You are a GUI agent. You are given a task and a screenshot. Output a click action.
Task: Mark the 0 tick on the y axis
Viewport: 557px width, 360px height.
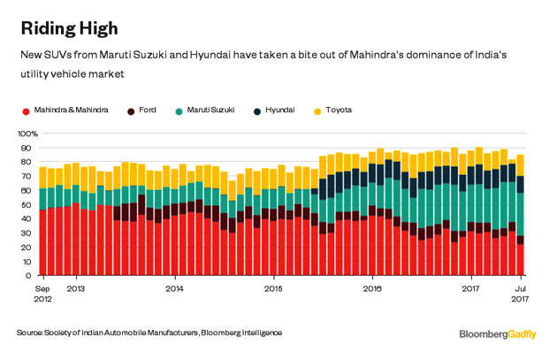(x=31, y=275)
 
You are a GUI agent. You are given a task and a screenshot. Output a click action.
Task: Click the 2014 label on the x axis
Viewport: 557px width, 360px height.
(x=175, y=288)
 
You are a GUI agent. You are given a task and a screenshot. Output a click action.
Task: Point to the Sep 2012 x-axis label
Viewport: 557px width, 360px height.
(x=42, y=294)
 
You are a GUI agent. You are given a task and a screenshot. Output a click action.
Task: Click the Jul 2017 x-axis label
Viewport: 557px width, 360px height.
(x=521, y=294)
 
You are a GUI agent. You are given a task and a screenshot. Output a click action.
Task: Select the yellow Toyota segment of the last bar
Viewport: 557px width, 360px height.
(x=521, y=165)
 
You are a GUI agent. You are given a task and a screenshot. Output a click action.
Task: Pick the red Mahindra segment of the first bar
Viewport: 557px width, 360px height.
(x=42, y=242)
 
